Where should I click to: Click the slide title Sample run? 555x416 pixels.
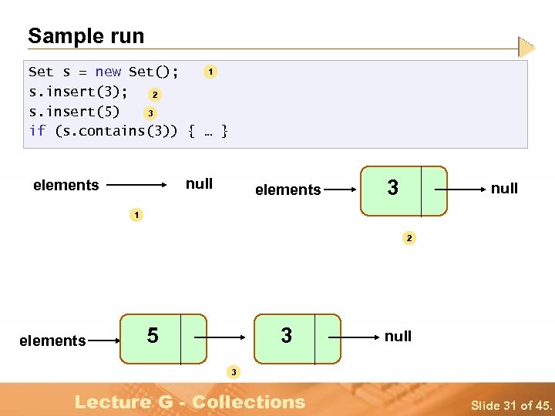86,35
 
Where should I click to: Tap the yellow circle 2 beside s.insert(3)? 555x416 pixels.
155,95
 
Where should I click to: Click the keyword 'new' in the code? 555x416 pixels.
108,72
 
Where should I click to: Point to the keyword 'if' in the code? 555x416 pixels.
37,131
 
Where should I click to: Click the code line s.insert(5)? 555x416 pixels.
74,111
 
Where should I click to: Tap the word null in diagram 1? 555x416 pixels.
199,184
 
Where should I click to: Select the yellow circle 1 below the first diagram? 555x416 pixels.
136,215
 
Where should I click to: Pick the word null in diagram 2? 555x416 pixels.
504,188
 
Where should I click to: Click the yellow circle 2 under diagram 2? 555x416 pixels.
409,239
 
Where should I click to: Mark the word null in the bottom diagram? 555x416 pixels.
398,336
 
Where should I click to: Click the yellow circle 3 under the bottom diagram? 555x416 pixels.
234,373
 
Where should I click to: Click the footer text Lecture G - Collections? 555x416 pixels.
190,401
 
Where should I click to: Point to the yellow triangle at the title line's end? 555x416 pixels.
526,48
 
